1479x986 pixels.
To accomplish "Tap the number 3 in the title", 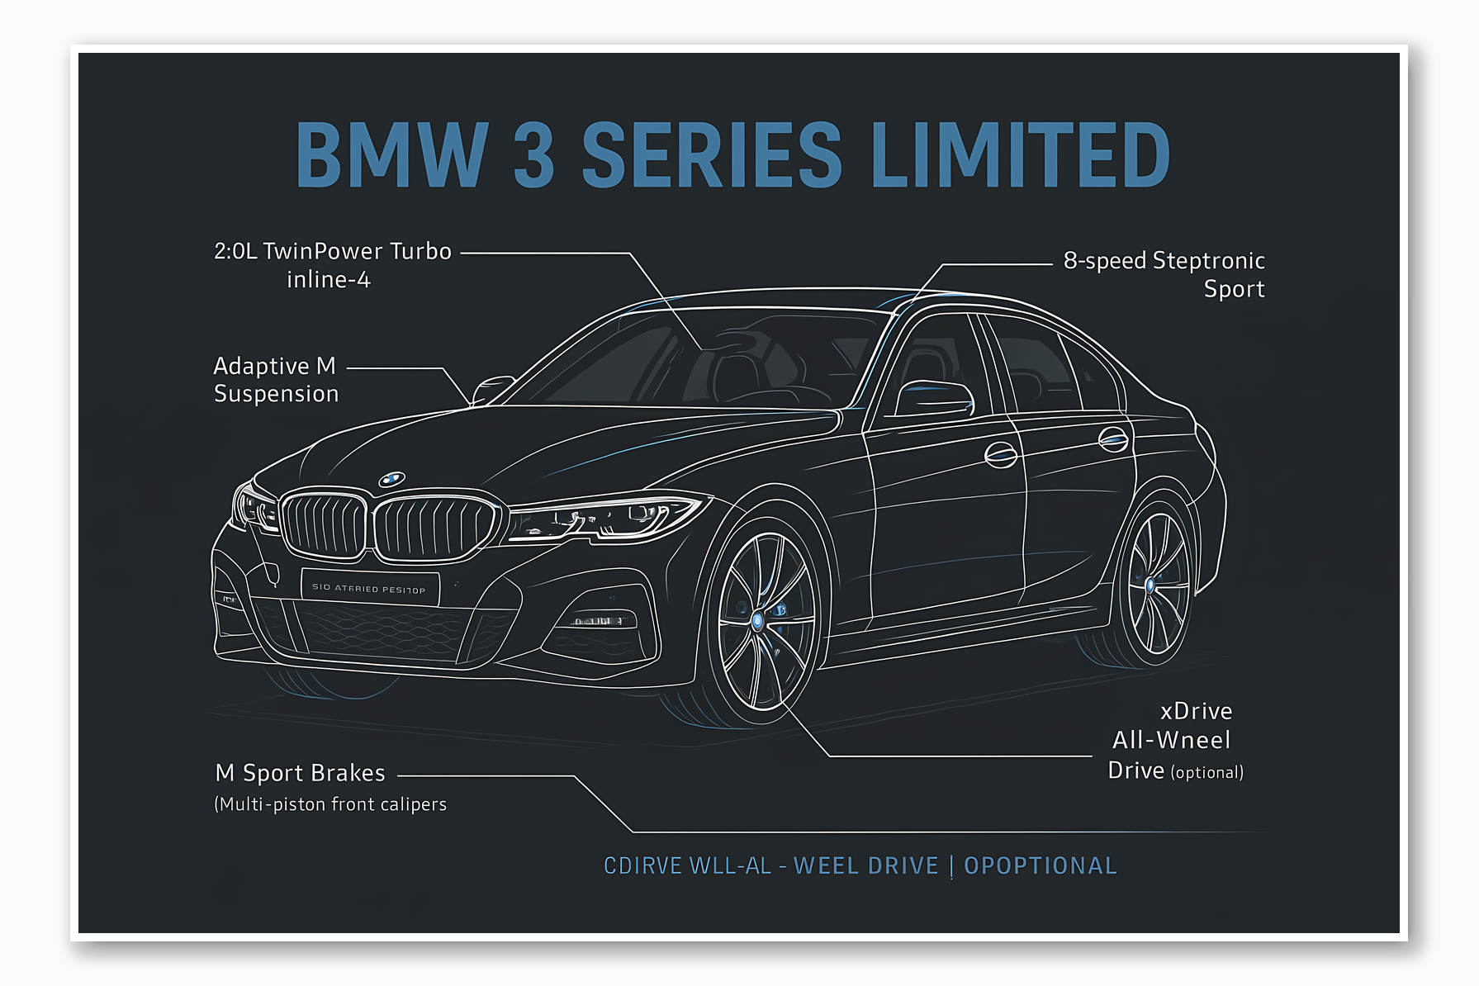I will point(533,154).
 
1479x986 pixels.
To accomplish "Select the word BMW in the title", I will point(392,154).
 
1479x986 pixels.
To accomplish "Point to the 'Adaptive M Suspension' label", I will point(276,380).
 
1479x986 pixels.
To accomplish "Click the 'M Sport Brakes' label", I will point(300,773).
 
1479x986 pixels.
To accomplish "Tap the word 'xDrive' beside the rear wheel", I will point(1196,712).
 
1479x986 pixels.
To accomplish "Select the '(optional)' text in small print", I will point(1206,773).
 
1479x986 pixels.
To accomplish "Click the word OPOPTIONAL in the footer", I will point(1040,865).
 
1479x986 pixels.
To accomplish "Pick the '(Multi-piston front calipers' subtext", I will point(330,804).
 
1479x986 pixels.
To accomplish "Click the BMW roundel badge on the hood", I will point(391,479).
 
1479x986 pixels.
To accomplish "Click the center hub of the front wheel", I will point(758,620).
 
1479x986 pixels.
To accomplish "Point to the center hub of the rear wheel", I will point(1150,585).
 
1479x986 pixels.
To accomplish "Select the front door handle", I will point(1001,454).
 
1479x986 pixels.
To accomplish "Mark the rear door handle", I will point(1113,439).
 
